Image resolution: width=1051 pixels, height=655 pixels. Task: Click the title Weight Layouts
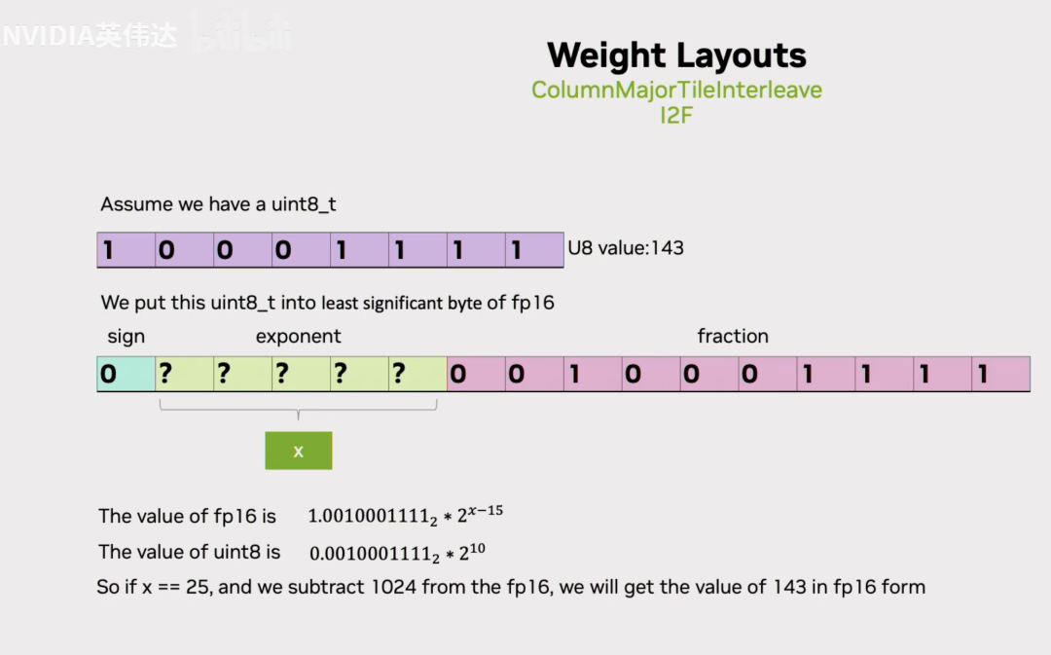pos(676,55)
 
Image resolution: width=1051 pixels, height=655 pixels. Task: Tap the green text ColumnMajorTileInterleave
pos(676,91)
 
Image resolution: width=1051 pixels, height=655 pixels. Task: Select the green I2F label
pos(676,115)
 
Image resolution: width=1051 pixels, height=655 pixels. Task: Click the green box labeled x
pos(299,451)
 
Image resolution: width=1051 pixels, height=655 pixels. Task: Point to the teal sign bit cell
pos(126,375)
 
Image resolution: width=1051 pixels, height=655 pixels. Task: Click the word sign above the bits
pos(126,337)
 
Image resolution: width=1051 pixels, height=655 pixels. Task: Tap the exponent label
pos(298,337)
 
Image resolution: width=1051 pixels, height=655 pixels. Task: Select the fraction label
pos(733,337)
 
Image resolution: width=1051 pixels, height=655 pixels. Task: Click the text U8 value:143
pos(626,248)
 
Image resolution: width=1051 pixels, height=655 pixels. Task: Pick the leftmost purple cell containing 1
pos(127,250)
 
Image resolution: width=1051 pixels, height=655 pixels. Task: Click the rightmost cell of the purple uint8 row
pos(534,250)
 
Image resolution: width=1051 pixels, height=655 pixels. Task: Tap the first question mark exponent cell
pos(184,375)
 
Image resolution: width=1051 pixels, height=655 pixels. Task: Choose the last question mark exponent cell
pos(417,375)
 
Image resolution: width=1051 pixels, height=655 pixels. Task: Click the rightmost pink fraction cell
pos(1000,375)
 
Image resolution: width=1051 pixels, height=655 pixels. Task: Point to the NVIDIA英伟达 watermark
pos(90,37)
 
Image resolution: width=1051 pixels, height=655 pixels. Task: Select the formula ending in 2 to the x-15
pos(405,516)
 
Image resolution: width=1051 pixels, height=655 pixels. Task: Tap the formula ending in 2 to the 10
pos(397,553)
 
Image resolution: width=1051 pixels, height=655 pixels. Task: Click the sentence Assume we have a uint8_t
pos(218,205)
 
